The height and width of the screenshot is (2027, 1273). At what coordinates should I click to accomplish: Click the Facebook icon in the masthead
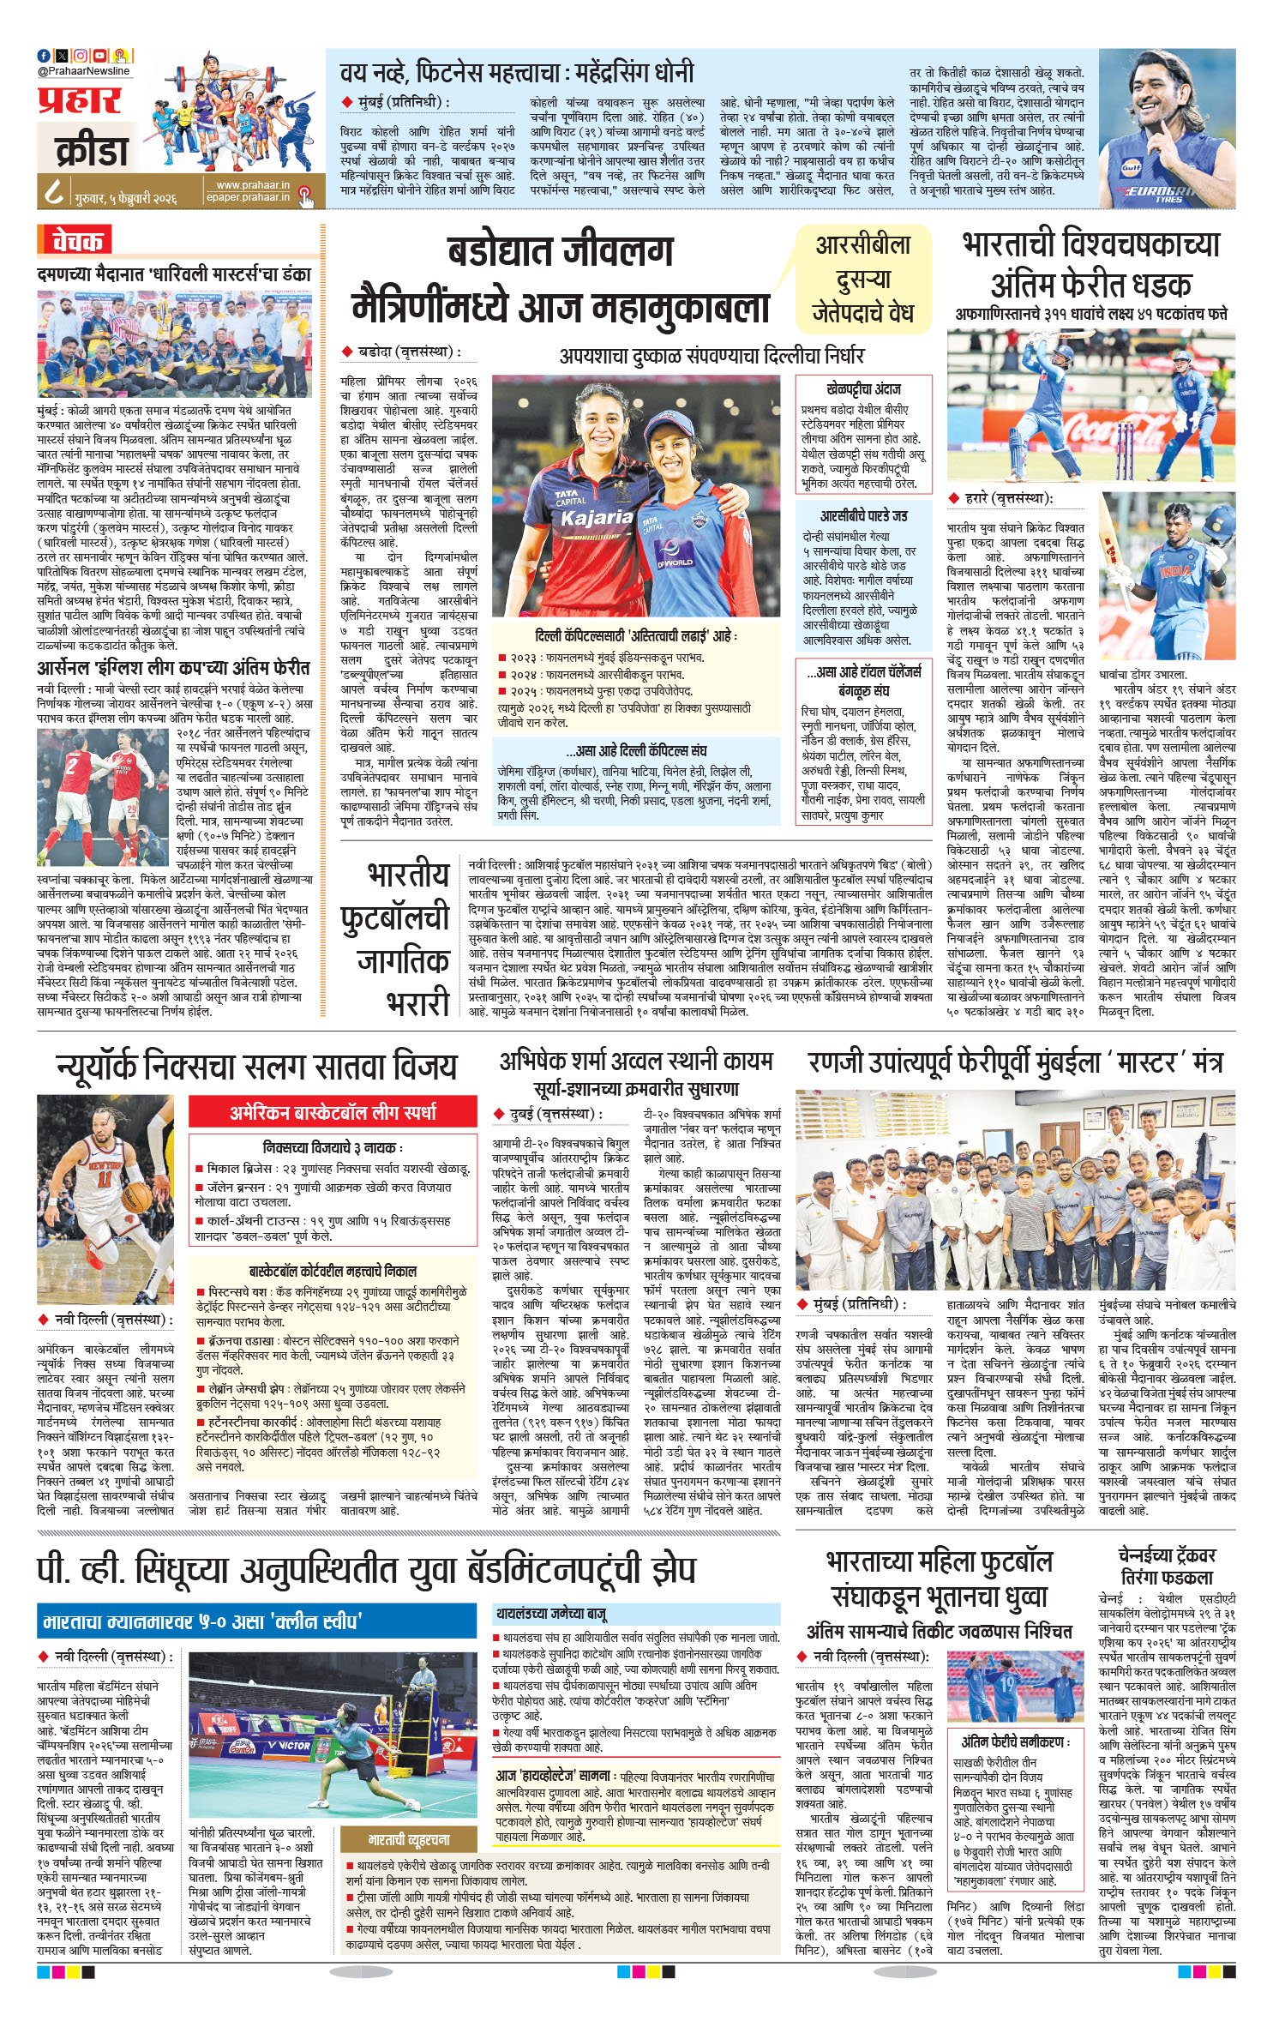tap(44, 56)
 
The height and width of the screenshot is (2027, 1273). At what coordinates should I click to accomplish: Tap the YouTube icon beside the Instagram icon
tap(100, 56)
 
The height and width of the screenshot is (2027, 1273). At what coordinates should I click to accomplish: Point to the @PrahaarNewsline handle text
tap(83, 71)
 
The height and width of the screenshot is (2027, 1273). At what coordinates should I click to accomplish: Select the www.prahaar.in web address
tap(252, 185)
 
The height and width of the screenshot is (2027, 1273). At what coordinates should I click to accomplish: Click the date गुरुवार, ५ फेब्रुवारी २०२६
tap(125, 197)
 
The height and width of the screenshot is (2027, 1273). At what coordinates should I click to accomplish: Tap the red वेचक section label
tap(77, 241)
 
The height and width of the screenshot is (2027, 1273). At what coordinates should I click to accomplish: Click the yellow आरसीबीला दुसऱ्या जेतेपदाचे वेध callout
tap(862, 280)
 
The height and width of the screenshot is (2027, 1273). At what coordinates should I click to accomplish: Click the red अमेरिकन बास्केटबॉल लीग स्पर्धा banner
tap(333, 1112)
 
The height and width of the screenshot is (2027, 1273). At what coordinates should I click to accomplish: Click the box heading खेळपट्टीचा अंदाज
tap(862, 388)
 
